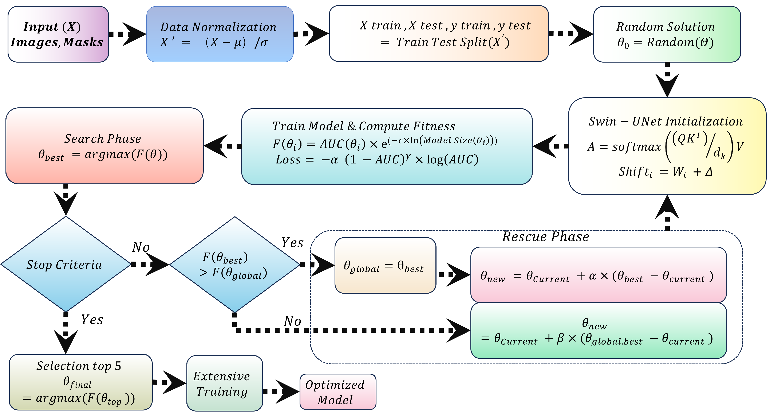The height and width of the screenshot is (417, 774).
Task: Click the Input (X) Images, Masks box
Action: [x=58, y=34]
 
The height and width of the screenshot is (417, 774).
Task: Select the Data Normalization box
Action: [x=220, y=34]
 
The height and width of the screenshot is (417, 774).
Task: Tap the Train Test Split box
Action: [x=438, y=34]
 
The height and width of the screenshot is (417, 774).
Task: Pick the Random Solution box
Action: [x=667, y=34]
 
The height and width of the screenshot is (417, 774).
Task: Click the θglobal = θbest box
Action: [x=385, y=266]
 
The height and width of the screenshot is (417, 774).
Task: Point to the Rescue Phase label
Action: [x=545, y=237]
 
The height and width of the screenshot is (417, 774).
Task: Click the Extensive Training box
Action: [x=224, y=383]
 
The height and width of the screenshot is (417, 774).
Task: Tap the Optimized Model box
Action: [x=337, y=392]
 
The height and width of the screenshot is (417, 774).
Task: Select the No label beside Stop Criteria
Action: [x=141, y=247]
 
